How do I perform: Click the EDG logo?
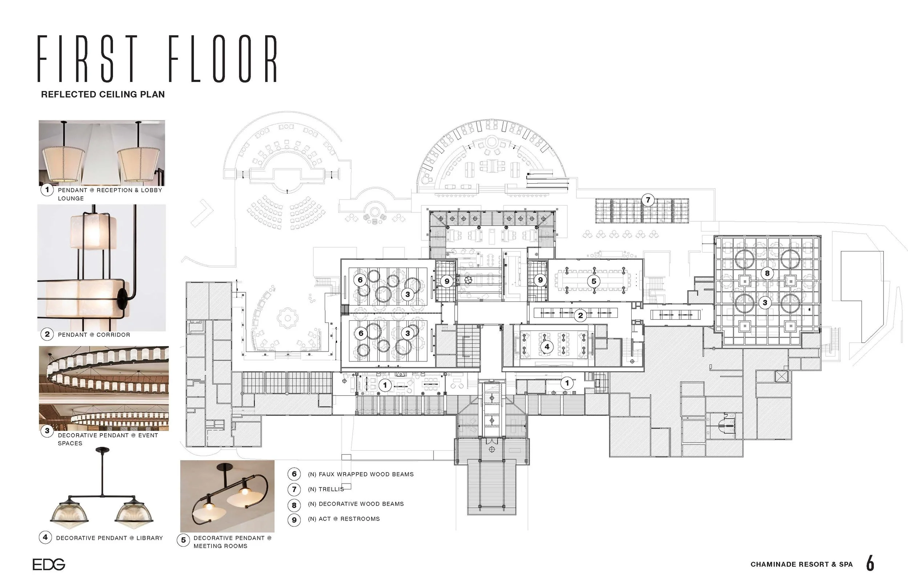coord(49,564)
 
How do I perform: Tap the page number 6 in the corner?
coord(870,563)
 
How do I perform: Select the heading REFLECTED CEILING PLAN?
coord(103,94)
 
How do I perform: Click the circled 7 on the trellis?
coord(648,200)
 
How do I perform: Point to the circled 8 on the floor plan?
coord(767,273)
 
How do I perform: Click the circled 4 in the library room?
coord(547,347)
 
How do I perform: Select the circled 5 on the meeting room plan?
coord(593,281)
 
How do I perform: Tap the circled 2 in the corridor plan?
coord(580,315)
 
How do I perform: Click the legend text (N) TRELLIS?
coord(326,489)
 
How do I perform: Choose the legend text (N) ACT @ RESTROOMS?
coord(344,519)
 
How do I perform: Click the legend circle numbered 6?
coord(294,474)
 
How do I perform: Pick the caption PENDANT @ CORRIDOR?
coord(94,334)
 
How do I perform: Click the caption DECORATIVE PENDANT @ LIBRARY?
coord(109,538)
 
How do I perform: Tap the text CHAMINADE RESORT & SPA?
coord(802,565)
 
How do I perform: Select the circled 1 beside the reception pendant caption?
coord(47,190)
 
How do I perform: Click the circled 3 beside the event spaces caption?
coord(47,431)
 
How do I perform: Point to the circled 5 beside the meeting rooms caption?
coord(183,540)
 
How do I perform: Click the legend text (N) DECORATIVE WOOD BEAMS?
coord(356,504)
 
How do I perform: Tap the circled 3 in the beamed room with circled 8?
coord(765,303)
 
